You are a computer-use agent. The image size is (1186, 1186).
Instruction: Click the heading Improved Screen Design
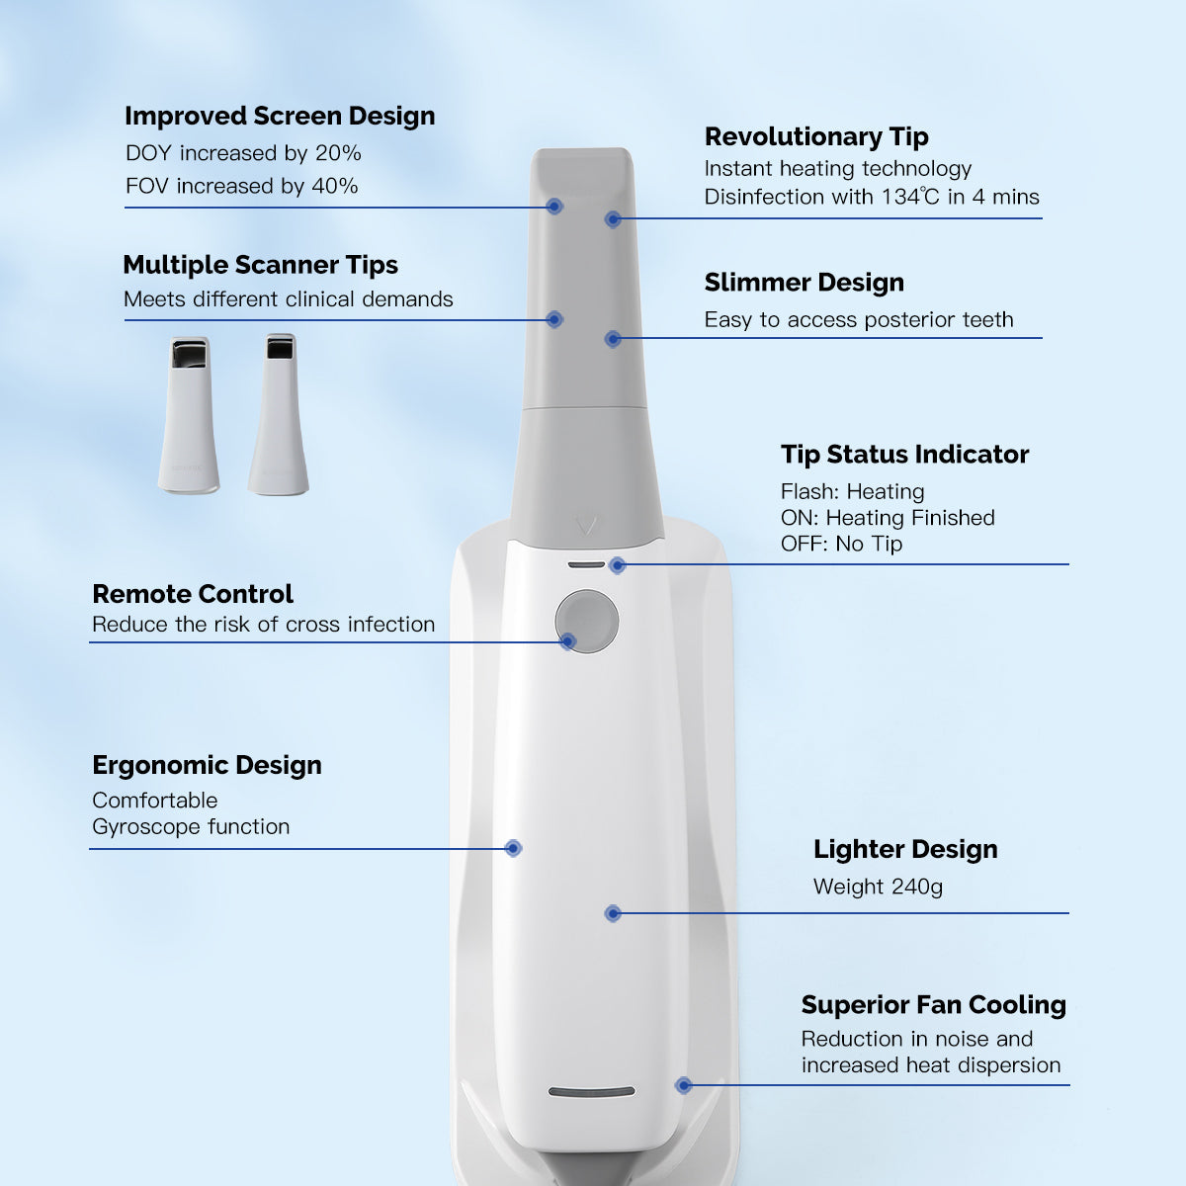click(x=280, y=117)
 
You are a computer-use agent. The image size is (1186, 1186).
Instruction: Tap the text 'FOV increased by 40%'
click(x=241, y=186)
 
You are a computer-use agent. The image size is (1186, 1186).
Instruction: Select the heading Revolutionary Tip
click(x=816, y=137)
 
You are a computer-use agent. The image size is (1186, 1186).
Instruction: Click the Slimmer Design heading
click(x=804, y=283)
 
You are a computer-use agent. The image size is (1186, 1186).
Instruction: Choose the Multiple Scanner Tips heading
click(x=260, y=265)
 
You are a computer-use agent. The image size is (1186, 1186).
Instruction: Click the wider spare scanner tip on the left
click(x=189, y=414)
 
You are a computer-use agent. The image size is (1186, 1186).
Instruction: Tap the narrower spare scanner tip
click(x=279, y=414)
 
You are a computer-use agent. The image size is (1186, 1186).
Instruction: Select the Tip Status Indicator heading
click(x=904, y=455)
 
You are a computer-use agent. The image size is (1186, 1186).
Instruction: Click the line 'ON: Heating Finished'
click(x=888, y=518)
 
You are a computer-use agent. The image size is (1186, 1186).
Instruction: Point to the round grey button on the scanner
click(x=586, y=622)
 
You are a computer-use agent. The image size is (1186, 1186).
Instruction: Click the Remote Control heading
click(x=193, y=594)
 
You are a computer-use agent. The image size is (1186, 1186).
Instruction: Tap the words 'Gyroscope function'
click(x=191, y=826)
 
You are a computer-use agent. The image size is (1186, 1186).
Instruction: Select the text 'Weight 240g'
click(x=878, y=887)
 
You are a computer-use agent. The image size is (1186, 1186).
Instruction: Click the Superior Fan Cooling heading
click(x=933, y=1005)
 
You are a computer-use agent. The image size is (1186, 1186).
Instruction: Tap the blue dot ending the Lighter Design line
click(x=613, y=913)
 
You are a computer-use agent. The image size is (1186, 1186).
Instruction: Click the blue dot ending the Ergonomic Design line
click(x=513, y=848)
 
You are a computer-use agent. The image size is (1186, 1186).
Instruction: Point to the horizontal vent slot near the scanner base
click(x=591, y=1092)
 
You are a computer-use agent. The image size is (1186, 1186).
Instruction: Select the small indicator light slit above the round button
click(x=586, y=564)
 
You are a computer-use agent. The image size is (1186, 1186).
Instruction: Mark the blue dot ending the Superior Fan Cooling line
click(x=683, y=1085)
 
